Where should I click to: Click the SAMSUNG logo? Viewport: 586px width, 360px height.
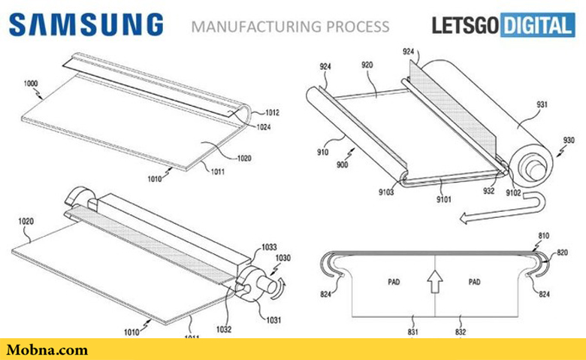86,25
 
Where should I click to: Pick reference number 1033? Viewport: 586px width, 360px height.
269,247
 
